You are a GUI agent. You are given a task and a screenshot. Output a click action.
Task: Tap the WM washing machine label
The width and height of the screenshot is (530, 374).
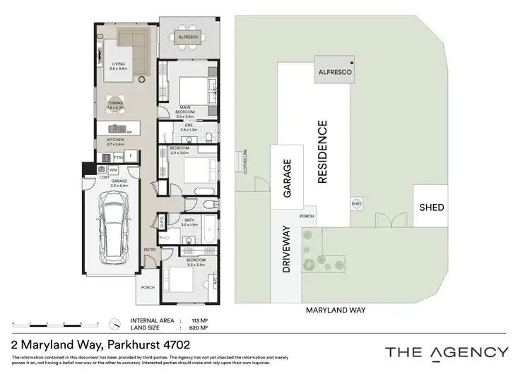click(113, 170)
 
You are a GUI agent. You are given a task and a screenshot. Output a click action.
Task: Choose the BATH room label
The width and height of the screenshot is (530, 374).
click(189, 222)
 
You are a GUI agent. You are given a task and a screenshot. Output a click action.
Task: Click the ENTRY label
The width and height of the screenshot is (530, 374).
click(150, 249)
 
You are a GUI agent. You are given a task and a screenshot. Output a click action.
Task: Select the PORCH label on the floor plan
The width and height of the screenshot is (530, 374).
click(148, 287)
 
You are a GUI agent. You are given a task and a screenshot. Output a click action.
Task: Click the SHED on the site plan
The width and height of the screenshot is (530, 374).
click(431, 207)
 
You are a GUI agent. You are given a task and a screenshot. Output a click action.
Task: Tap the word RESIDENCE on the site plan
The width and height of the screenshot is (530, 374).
click(323, 152)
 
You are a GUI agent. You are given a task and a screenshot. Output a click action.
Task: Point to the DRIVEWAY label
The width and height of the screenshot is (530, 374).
click(287, 248)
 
